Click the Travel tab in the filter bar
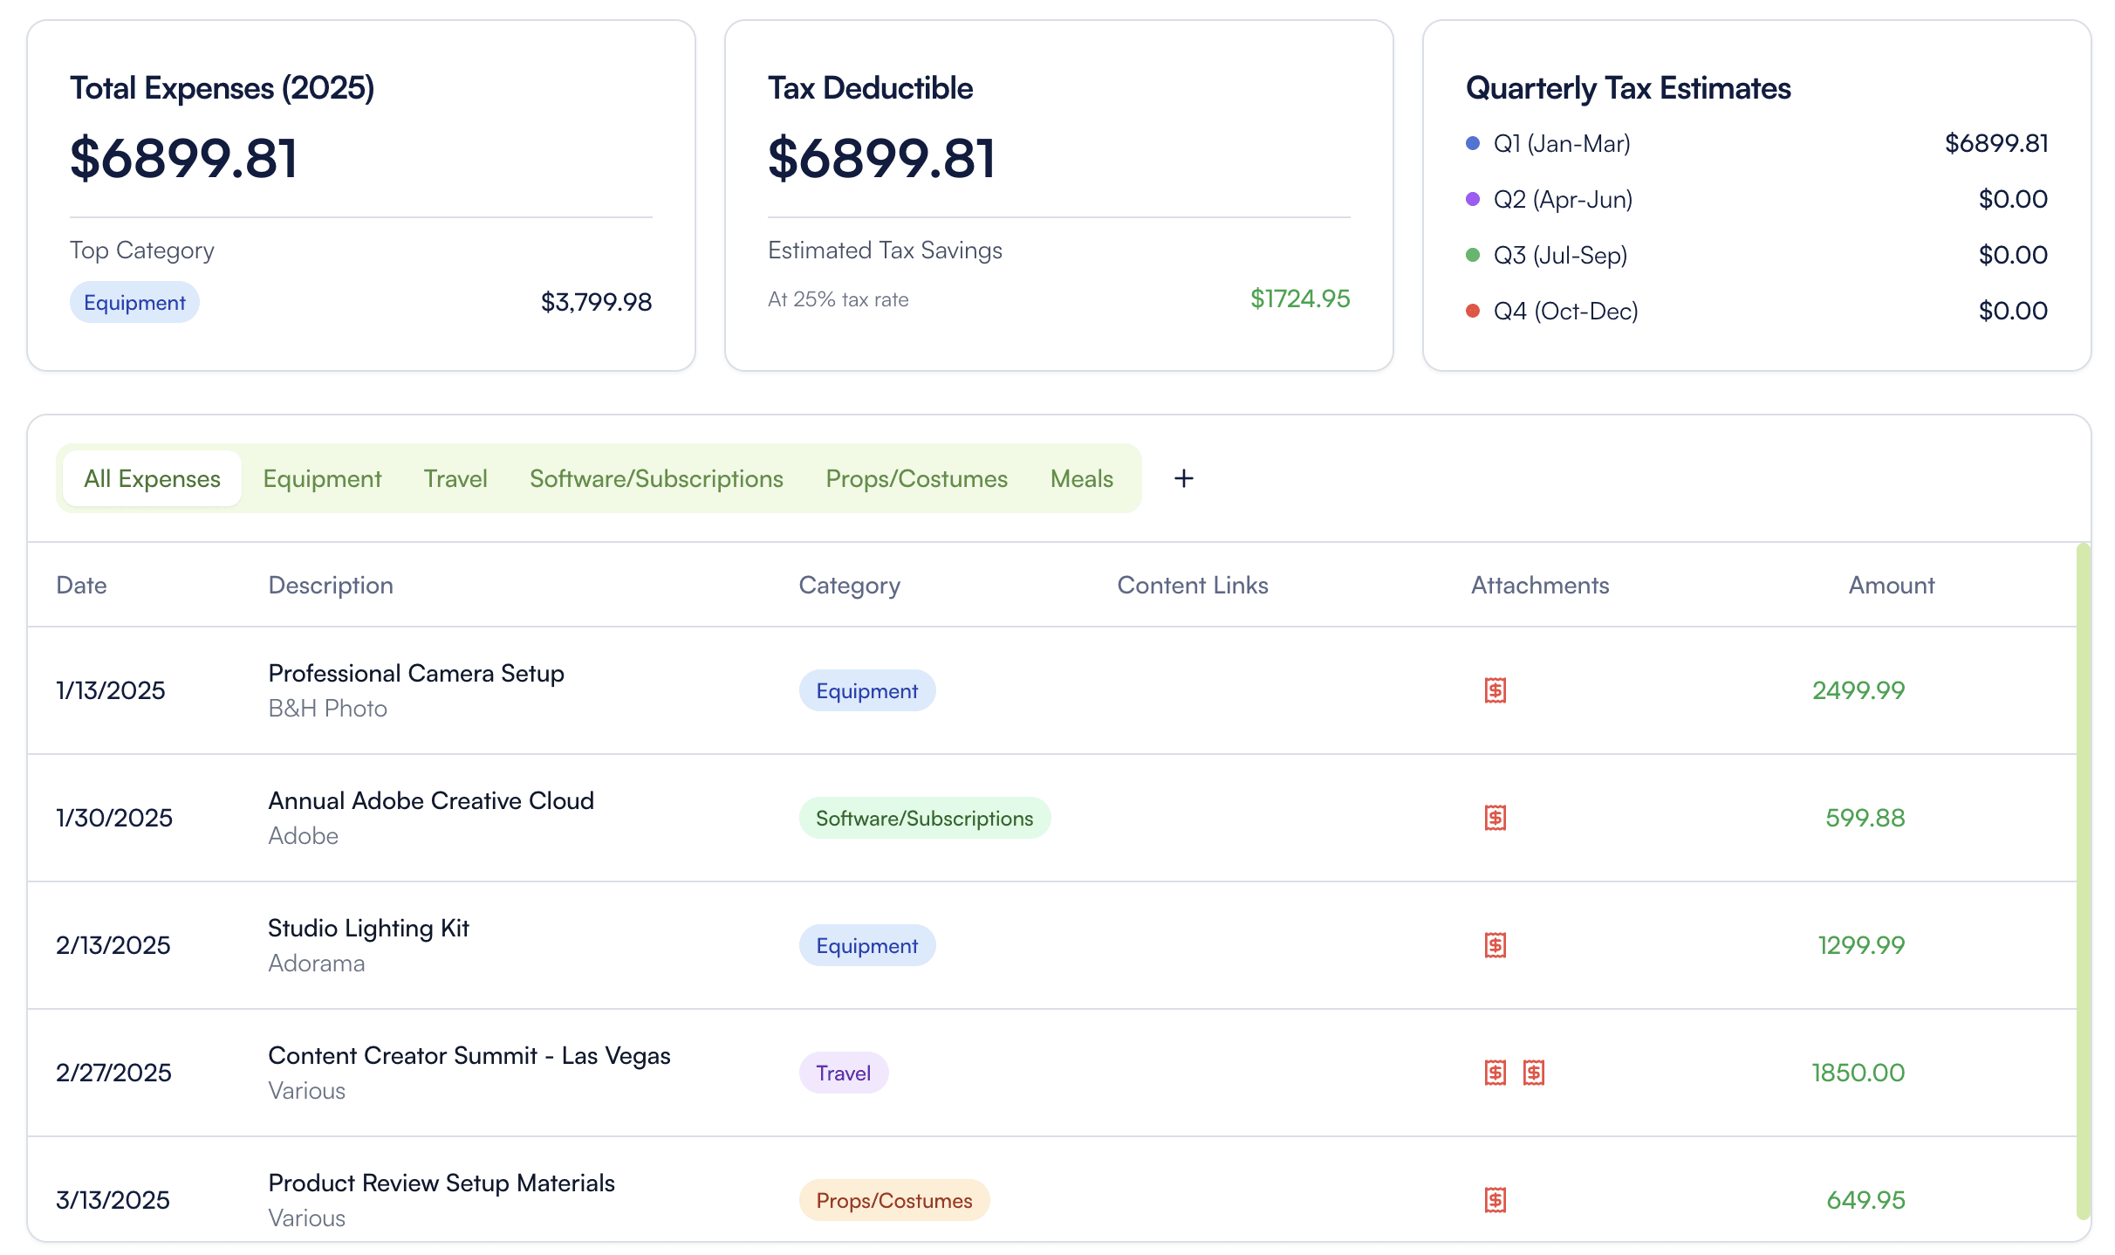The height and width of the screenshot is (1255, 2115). pos(455,478)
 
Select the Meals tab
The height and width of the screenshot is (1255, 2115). pos(1082,478)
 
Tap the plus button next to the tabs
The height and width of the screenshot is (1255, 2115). pos(1184,478)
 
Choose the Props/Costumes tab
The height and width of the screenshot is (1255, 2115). pos(916,478)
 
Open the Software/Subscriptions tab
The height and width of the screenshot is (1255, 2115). pos(656,478)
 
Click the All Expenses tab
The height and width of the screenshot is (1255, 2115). pos(153,478)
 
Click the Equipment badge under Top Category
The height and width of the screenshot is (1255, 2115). pos(134,302)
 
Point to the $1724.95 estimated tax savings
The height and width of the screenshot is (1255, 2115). pos(1300,298)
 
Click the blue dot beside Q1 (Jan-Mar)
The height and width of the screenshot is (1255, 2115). pos(1473,143)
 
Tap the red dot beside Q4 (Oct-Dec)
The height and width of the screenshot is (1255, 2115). pos(1473,311)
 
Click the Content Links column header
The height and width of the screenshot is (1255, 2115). pos(1193,585)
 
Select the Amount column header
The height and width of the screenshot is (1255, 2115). pos(1892,585)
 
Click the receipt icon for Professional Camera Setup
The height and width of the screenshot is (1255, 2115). pos(1496,690)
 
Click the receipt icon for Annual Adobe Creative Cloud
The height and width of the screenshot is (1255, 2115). pos(1496,818)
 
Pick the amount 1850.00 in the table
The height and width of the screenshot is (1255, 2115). pos(1858,1073)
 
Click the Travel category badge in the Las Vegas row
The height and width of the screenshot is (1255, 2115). pos(844,1073)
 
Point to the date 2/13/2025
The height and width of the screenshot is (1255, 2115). pos(113,945)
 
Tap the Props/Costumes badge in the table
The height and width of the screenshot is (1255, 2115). pos(894,1200)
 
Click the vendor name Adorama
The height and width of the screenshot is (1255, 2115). pos(317,963)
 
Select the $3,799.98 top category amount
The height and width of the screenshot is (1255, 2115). pos(597,302)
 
